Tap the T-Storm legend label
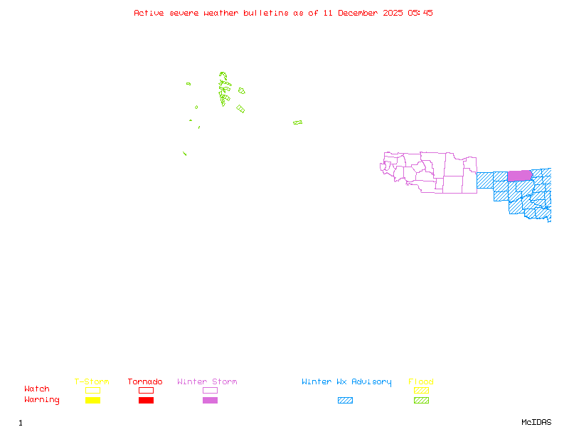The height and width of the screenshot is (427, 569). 92,382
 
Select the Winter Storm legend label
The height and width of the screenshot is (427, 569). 207,382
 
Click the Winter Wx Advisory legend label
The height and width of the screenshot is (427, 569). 346,382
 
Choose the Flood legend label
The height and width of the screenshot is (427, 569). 421,382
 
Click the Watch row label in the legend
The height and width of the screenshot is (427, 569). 37,389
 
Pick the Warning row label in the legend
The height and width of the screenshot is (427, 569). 42,400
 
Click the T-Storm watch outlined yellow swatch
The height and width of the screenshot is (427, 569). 92,390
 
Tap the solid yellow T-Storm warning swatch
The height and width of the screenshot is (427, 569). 92,401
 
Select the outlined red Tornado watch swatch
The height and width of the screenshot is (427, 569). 146,390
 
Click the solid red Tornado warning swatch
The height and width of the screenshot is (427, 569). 146,401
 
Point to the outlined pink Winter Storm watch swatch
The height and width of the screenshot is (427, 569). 210,390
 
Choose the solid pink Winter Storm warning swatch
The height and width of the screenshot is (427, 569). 210,401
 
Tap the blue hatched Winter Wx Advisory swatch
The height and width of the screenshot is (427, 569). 345,401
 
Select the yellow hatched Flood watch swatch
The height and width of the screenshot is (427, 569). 421,390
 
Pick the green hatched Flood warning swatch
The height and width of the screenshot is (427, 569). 421,401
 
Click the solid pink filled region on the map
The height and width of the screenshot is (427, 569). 519,176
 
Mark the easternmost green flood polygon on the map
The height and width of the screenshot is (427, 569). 297,122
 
